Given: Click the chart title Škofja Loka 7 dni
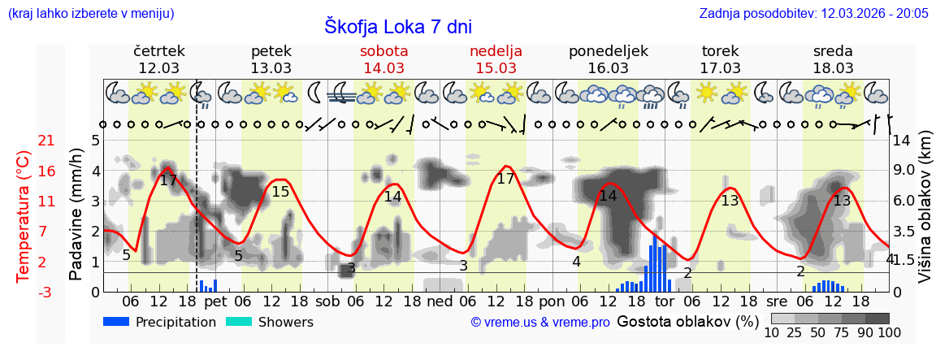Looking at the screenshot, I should [397, 26].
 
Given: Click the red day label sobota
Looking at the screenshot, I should [384, 50].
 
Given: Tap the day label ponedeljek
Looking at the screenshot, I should [609, 50].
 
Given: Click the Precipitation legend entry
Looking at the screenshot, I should [160, 322].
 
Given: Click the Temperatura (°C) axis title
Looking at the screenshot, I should [24, 216].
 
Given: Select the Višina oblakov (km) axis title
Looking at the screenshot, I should [925, 216].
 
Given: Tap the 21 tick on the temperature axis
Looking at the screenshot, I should [46, 141].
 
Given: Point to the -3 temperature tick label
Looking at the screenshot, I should [46, 292].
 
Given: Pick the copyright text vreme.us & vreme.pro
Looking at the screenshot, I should [540, 322].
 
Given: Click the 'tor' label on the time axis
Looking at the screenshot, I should [665, 301].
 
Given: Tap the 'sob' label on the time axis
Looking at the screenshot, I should [328, 301].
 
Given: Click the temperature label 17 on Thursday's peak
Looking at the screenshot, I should [168, 180].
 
